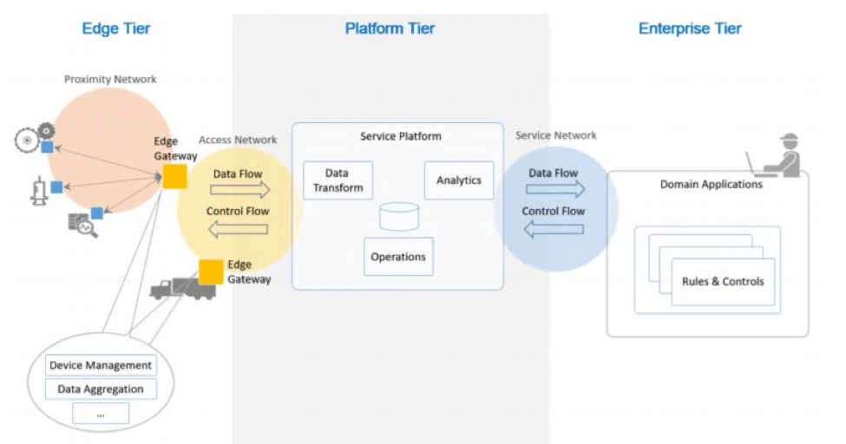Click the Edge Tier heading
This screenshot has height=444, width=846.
pos(116,28)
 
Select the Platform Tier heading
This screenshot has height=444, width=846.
pos(390,28)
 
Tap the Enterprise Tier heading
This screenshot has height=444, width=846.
pos(690,28)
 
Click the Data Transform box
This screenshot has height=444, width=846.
pos(338,180)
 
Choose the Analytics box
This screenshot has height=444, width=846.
pos(459,180)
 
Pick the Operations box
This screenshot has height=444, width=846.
pos(398,257)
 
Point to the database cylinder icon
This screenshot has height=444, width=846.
pos(399,216)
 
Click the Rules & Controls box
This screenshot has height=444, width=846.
pos(723,282)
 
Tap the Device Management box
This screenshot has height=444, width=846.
pos(101,365)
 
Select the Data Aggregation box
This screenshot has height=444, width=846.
pos(101,389)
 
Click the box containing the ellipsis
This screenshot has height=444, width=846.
pos(101,414)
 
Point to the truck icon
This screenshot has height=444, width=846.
pos(182,289)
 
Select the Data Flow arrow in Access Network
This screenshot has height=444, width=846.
pos(240,190)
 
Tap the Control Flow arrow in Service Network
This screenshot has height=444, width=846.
pos(554,229)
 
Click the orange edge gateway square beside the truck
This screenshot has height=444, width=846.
pos(211,272)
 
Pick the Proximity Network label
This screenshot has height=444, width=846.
pos(110,79)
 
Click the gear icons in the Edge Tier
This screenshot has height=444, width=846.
pos(35,138)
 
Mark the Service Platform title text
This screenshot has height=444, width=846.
pos(401,136)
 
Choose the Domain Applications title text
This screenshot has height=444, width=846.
pos(712,185)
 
